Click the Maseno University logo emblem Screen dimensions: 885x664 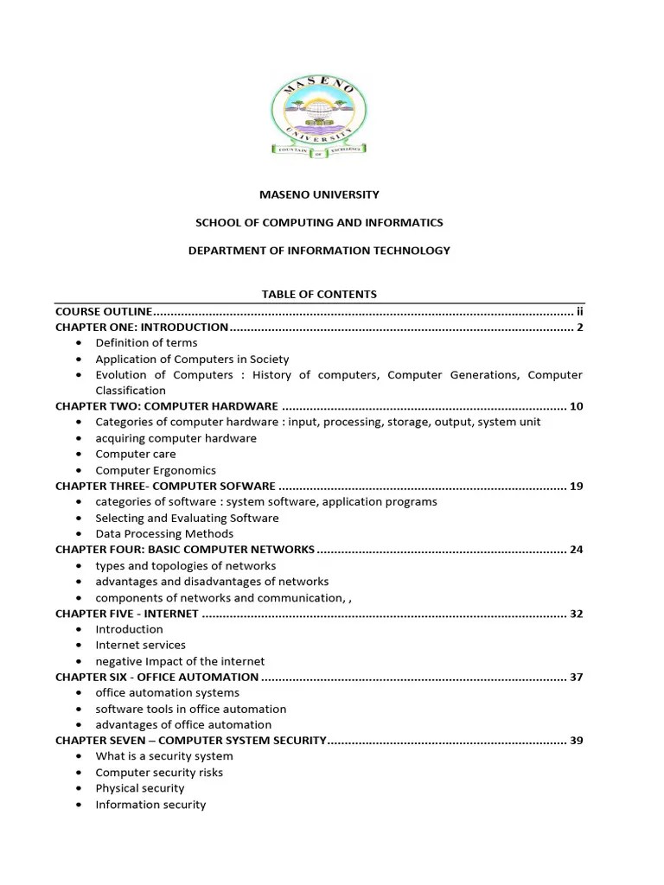coord(319,117)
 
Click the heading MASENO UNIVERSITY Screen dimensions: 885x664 coord(319,195)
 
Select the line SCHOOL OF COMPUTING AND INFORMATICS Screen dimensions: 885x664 coord(319,223)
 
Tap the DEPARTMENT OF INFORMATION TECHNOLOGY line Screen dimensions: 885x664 coord(319,251)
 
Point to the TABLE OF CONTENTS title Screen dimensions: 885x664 coord(319,295)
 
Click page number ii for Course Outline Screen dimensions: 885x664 coord(580,311)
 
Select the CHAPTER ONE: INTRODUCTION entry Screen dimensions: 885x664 coord(142,328)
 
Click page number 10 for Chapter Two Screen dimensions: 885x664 coord(577,406)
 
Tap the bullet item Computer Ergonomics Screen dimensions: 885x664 coord(156,470)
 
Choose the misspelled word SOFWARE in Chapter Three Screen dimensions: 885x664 coord(246,486)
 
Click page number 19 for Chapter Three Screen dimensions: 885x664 coord(577,486)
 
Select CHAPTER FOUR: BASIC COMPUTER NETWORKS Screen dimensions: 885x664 coord(185,550)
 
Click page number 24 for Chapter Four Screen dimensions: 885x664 coord(577,550)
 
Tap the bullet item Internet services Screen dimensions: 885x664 coord(140,645)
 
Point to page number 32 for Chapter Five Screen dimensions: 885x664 coord(577,614)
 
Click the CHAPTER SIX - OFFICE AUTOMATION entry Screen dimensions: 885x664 coord(156,677)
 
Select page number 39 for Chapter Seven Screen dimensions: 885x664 coord(577,741)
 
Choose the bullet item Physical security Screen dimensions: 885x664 coord(140,788)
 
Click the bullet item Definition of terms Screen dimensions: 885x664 coord(146,343)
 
